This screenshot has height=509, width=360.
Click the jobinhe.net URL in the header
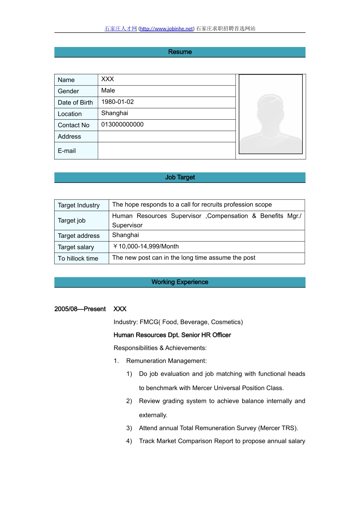click(166, 29)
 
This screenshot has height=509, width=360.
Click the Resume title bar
click(180, 52)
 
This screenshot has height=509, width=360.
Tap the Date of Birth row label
click(75, 103)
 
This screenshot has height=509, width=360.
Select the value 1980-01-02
click(117, 102)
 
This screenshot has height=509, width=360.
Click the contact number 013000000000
click(122, 125)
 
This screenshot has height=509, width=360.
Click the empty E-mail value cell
click(166, 151)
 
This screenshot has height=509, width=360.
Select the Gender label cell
click(69, 91)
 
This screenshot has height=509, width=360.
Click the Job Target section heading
click(180, 177)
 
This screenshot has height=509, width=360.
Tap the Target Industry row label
click(79, 205)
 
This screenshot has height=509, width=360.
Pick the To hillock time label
click(78, 258)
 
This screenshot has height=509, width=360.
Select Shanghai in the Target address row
click(125, 235)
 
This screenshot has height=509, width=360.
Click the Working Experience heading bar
click(180, 282)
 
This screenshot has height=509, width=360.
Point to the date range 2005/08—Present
click(80, 309)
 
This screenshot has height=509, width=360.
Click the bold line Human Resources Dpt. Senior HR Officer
click(172, 335)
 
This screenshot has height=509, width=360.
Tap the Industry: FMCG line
click(178, 322)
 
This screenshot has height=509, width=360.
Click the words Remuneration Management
click(166, 361)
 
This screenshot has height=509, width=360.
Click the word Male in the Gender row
click(108, 91)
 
